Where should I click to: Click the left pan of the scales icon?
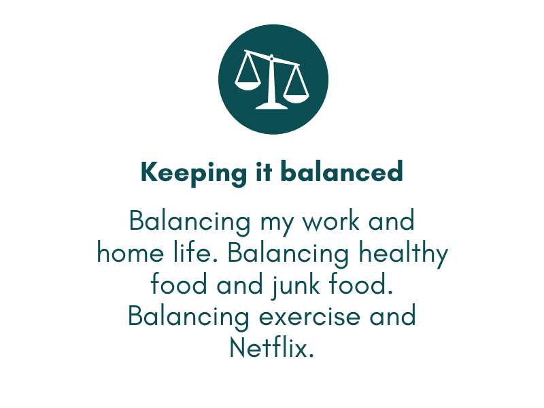(248, 86)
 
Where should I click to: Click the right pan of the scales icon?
(296, 98)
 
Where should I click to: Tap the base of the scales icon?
(271, 106)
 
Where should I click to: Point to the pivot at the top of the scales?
(271, 57)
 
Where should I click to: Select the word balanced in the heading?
(342, 171)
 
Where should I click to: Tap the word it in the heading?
(264, 171)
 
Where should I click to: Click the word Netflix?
(271, 347)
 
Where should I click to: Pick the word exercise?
(309, 317)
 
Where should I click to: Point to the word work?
(331, 221)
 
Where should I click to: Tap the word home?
(130, 252)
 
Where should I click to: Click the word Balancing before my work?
(190, 222)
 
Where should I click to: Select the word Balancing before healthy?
(288, 254)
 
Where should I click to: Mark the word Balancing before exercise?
(188, 318)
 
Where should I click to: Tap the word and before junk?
(239, 284)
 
